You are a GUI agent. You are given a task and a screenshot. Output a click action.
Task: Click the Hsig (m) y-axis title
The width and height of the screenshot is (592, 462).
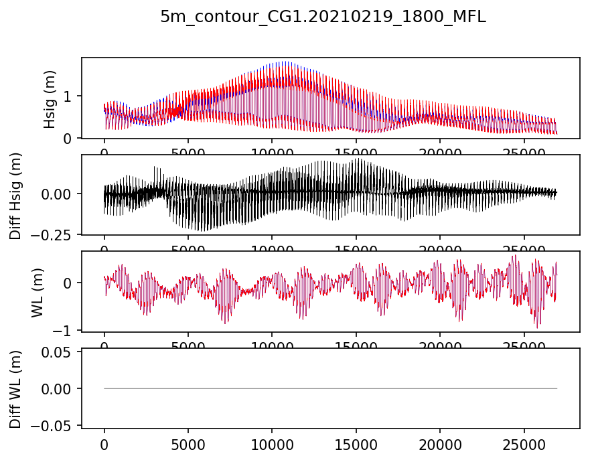click(x=50, y=98)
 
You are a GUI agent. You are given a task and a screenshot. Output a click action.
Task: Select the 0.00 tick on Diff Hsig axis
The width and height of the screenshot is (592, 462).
click(x=62, y=194)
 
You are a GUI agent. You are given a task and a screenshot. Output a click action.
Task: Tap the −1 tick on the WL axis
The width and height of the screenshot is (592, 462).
click(x=66, y=331)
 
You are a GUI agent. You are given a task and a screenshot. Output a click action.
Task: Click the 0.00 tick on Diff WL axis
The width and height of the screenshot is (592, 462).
click(x=62, y=388)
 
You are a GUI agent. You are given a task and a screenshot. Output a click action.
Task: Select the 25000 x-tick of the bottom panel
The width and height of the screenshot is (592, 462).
click(x=523, y=444)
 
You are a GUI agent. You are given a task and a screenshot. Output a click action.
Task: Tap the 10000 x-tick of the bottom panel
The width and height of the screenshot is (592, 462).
click(x=272, y=444)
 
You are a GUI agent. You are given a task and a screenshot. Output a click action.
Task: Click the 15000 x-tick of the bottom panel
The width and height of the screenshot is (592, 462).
click(x=356, y=444)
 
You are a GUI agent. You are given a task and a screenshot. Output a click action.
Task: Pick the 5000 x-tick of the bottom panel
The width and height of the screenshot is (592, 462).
click(x=188, y=444)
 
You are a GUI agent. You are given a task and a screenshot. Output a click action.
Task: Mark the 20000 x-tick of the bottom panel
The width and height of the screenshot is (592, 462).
click(x=439, y=444)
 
